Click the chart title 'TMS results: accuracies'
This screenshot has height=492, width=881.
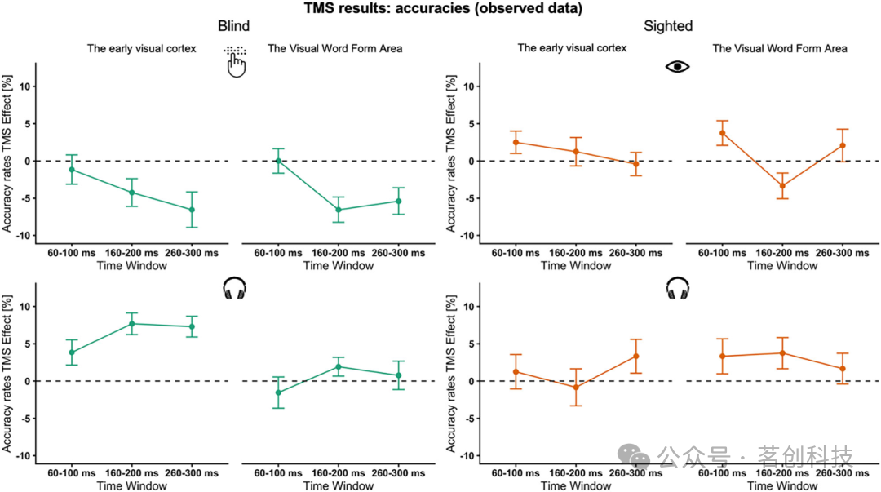pos(440,9)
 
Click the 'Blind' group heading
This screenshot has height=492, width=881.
pos(233,26)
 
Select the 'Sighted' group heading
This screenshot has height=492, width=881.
pos(668,26)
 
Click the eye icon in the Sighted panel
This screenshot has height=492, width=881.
pos(677,66)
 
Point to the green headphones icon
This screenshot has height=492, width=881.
pos(234,288)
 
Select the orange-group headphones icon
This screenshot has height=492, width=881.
pos(678,288)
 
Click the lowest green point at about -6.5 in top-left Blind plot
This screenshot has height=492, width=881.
pos(192,210)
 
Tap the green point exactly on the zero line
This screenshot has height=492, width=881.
pos(278,161)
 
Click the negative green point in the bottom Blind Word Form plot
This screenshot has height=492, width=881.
pos(278,392)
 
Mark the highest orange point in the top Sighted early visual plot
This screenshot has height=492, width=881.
pos(516,142)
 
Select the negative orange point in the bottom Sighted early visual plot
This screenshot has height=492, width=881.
pos(575,387)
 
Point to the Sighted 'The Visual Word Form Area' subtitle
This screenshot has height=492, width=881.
pos(779,48)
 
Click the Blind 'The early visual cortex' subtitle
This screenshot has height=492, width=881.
pos(142,48)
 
